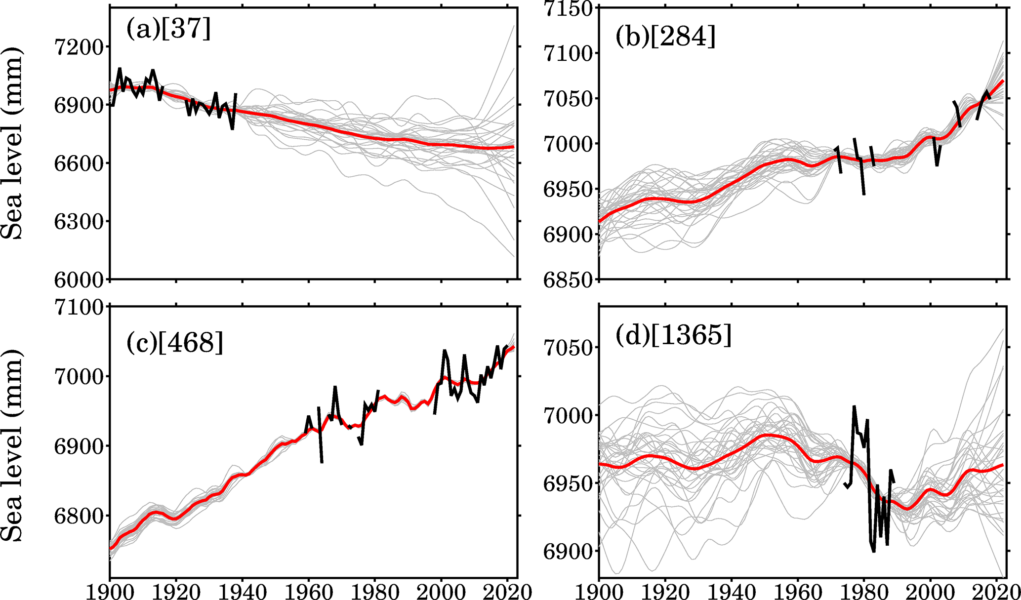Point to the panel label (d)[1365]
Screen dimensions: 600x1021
pos(673,336)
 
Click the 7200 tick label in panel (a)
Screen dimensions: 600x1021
pos(79,47)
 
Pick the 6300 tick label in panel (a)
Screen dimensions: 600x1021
pos(79,222)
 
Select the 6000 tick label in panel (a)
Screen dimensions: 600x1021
pos(79,280)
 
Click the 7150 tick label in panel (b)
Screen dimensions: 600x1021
pos(568,9)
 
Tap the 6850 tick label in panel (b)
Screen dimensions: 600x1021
pos(568,280)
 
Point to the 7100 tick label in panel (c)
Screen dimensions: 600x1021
pos(79,308)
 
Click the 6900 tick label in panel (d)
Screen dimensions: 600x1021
pos(568,552)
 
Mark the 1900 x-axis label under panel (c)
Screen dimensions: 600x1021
pos(110,591)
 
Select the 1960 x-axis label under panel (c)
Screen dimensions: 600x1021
pos(309,591)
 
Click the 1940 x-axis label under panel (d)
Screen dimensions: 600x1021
pos(732,591)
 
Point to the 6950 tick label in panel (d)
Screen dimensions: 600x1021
pos(568,483)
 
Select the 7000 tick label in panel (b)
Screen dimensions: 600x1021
pos(568,144)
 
